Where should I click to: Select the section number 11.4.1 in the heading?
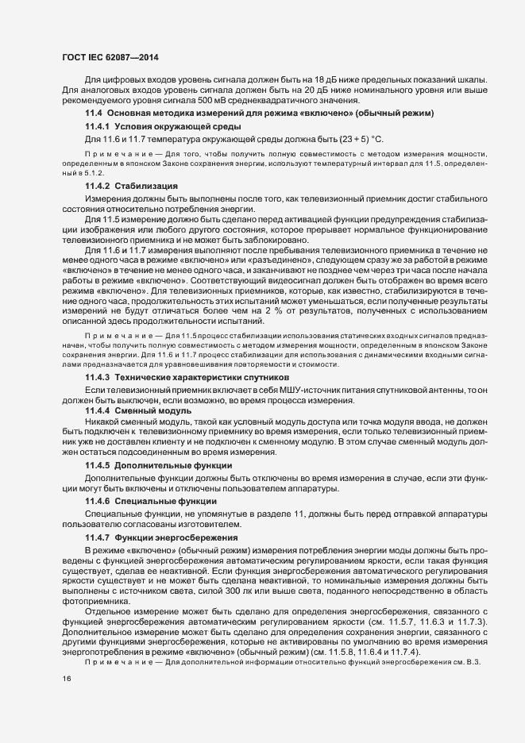(x=97, y=126)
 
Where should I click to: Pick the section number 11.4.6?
(x=97, y=502)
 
